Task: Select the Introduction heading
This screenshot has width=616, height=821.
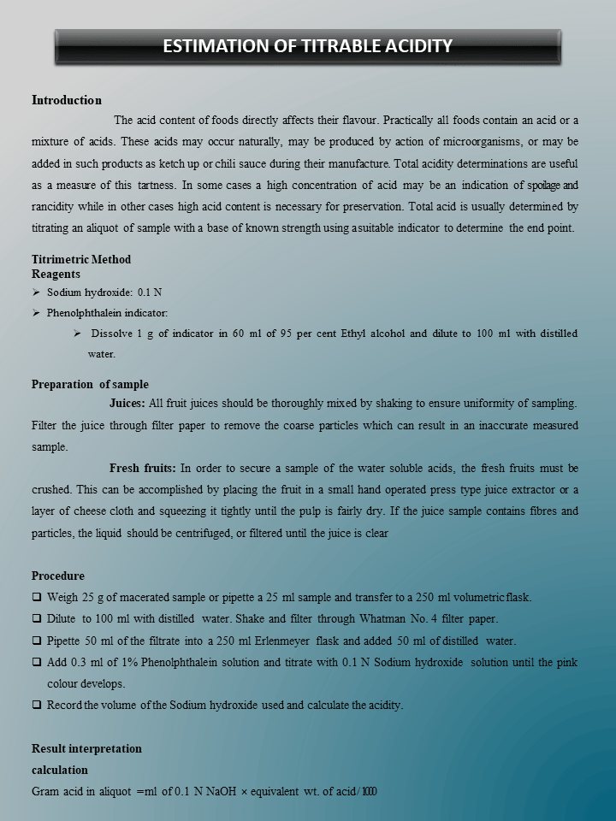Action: point(67,100)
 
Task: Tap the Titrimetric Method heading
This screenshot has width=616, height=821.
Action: point(81,259)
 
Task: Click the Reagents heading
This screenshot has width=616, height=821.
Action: point(56,274)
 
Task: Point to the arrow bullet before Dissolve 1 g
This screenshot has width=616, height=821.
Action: point(78,333)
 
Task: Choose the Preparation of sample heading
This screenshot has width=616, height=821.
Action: point(90,384)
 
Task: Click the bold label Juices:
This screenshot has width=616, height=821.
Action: point(127,403)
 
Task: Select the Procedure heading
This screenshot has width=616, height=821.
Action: point(58,576)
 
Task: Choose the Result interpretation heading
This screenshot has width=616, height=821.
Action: point(86,748)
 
